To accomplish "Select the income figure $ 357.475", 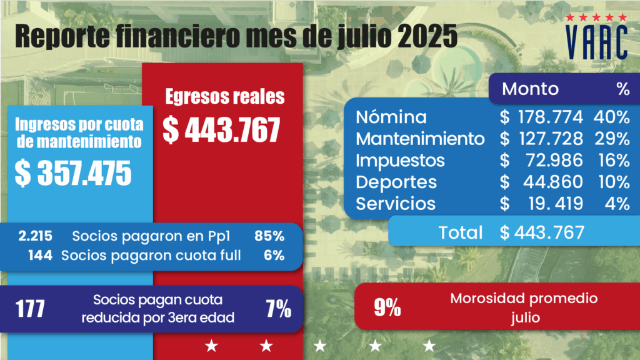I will pos(74,174).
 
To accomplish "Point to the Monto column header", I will pos(530,89).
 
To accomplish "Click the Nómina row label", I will pos(391,117).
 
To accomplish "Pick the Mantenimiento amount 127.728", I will pos(550,139).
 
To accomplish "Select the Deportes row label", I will pos(396,182).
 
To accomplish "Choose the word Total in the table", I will pos(461,232).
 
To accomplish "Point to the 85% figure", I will pos(269,236).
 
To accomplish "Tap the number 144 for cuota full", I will pos(41,255).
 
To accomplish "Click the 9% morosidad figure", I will pos(387,308).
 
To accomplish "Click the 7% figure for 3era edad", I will pos(277,309).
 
